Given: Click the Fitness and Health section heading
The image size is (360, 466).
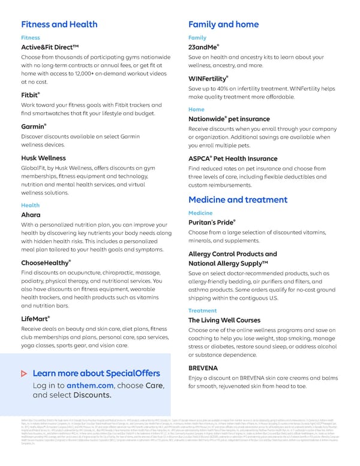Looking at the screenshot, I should click(59, 25).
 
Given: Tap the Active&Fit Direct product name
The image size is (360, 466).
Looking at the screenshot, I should click(49, 47).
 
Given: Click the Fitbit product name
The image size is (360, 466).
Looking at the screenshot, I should click(30, 95).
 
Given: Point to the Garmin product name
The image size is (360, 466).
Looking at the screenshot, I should click(34, 127).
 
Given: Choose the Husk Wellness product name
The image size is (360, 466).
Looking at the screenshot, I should click(43, 158).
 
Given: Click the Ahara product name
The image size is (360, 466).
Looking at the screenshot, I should click(31, 214).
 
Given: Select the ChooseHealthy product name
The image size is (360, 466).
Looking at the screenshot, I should click(46, 262).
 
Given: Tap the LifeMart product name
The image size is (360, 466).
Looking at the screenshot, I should click(35, 318).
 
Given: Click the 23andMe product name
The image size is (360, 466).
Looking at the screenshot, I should click(204, 47).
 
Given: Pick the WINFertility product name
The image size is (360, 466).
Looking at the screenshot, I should click(208, 79).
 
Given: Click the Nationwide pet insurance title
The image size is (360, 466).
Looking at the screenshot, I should click(229, 119).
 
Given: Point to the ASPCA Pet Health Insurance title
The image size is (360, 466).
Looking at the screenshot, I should click(233, 158).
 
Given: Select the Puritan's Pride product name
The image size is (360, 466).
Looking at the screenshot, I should click(211, 223).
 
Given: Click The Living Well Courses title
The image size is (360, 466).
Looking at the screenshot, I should click(224, 320).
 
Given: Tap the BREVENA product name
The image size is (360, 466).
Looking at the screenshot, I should click(203, 367).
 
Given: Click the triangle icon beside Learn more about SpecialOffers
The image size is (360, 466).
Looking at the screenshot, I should click(23, 374).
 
